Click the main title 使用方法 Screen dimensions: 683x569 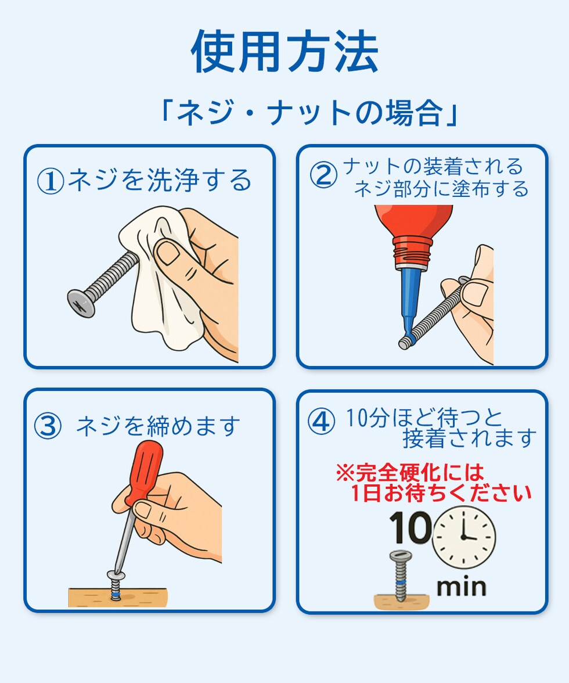point(284,52)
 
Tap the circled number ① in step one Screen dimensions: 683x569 point(51,181)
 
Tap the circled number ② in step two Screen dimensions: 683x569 point(323,175)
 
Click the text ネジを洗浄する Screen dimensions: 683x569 point(160,181)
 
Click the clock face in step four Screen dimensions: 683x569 point(464,537)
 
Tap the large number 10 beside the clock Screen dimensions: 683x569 point(410,528)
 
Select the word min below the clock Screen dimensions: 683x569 point(461,587)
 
